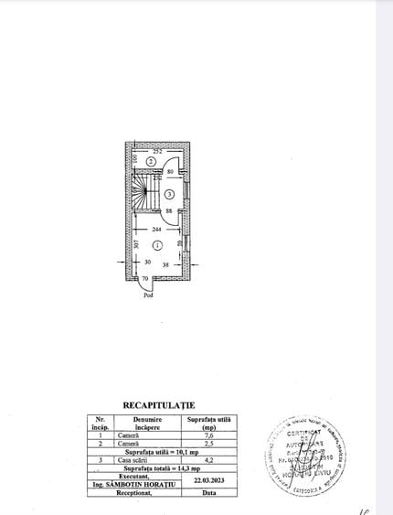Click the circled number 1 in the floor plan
157,245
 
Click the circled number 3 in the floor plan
170,195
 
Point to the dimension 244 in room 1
157,229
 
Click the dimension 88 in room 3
170,211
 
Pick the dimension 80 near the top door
170,172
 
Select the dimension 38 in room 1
166,263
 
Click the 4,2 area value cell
209,460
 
